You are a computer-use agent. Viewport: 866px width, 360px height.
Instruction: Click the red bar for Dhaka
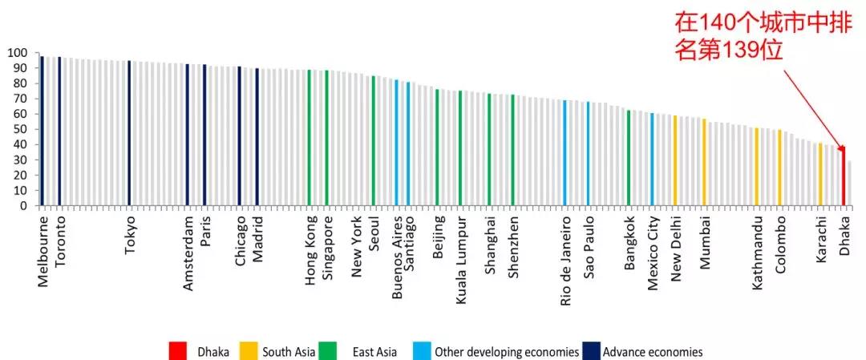coord(844,176)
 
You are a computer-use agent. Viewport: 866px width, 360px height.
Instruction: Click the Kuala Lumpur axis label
coord(461,260)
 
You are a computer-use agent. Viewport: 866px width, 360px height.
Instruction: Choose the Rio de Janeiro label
coord(566,260)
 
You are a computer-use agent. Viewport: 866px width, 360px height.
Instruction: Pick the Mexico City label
coord(654,253)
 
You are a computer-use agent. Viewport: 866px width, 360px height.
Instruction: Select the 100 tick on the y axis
coord(17,53)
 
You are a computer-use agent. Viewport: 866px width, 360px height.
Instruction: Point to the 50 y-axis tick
coord(20,129)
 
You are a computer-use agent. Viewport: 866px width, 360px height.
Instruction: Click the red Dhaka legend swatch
coord(177,351)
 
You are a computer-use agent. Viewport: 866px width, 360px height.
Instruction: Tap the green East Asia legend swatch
coord(326,351)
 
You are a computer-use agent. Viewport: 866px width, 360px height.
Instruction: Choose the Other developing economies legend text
coord(506,352)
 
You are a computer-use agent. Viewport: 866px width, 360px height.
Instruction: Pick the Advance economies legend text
coord(652,352)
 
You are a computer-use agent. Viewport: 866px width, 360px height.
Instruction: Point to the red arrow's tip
coord(842,148)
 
